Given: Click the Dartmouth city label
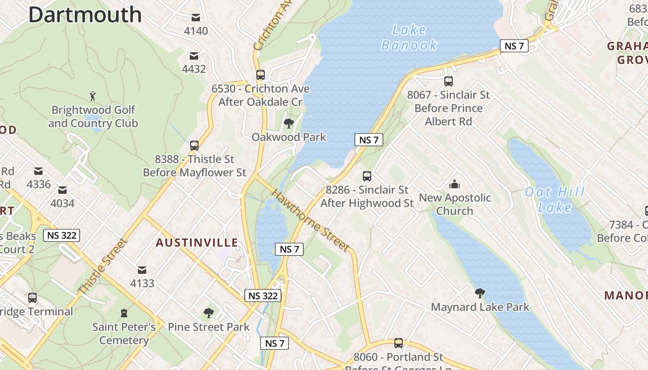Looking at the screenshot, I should coord(85,15).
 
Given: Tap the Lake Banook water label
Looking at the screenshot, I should coord(409,37).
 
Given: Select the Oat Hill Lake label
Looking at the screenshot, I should coord(555,199).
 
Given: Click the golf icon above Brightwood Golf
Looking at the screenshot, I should coord(93,96).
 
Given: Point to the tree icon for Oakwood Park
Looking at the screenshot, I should coord(289,123).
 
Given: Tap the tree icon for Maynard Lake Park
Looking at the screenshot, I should coord(480,293).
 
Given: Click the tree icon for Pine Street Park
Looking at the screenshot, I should coord(209,313).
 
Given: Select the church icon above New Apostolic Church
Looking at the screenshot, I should coord(455,185).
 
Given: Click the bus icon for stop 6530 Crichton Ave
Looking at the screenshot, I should coord(261,75).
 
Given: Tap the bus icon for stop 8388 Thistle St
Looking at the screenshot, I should coord(194,146).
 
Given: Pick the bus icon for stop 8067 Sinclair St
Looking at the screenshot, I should coord(448,81).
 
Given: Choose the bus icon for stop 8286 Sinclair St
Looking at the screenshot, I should coord(367,176).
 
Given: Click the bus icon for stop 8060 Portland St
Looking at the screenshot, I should coord(399,343).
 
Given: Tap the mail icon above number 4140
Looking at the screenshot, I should coord(196,18).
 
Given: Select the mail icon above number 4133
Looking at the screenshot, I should coord(142,270).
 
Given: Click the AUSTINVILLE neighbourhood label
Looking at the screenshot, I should coord(197,243).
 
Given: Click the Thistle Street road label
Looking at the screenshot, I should coord(102,266).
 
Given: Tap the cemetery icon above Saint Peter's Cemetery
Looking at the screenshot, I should coord(124,314).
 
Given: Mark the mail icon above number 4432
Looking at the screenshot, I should coord(194,56).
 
